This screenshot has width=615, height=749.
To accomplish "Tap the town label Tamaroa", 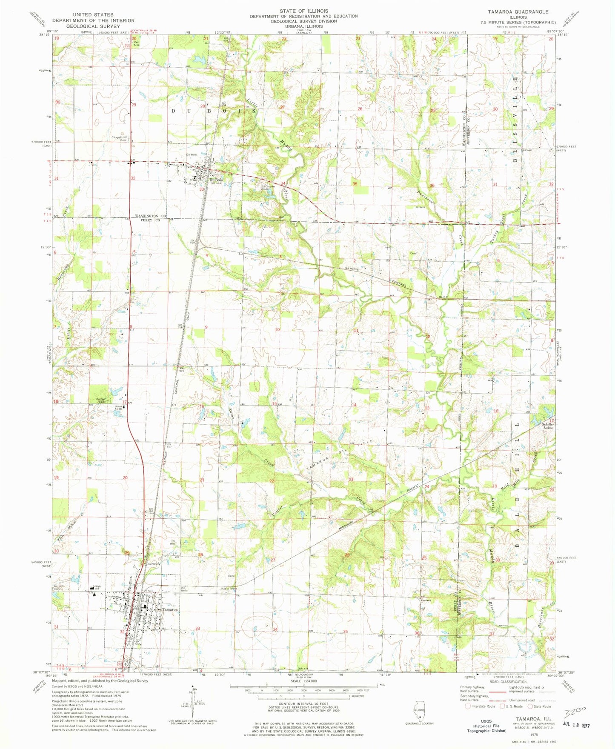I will tap(169, 609).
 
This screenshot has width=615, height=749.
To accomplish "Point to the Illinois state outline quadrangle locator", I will tap(419, 712).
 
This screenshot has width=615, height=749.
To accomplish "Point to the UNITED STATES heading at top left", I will tap(93, 14).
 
